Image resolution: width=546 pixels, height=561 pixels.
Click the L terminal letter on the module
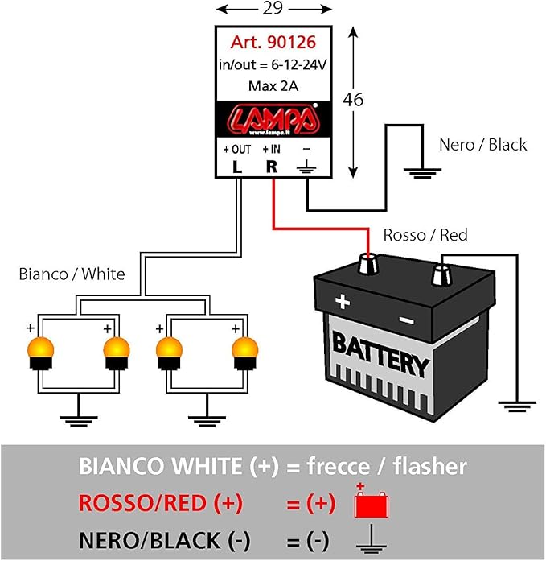coord(237,167)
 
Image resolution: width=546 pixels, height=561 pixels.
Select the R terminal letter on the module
coord(272,167)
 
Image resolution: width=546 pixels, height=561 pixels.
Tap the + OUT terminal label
coord(237,150)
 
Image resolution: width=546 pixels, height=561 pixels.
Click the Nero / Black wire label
coord(482,145)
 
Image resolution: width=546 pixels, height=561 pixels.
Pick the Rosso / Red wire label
coord(425,235)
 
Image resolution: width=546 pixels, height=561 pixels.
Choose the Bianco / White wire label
coord(72,274)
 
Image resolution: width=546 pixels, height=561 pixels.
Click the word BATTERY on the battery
coord(381,357)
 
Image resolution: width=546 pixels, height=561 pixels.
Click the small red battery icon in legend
coord(372,503)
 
